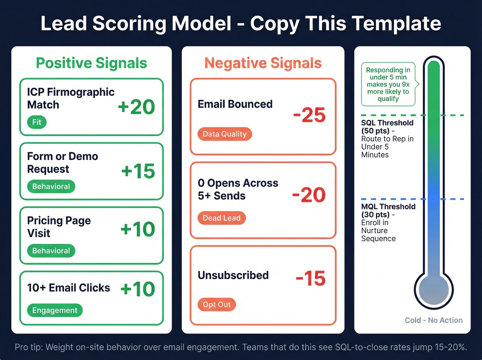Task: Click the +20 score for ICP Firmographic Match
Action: pos(136,107)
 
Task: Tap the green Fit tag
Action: pos(37,122)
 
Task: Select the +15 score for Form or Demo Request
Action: pos(138,171)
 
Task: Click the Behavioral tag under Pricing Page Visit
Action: pos(51,251)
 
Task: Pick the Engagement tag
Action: pos(55,310)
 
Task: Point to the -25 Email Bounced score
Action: pos(309,115)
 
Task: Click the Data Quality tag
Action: pos(224,134)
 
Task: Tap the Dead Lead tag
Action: pos(221,218)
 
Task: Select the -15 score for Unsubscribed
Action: pos(311,278)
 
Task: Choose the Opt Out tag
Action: pos(217,305)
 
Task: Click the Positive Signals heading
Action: pos(91,63)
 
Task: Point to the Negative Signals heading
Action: pos(263,63)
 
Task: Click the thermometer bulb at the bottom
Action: pos(433,289)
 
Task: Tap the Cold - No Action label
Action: pos(433,320)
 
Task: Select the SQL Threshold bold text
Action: pos(387,123)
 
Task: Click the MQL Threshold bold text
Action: pos(388,207)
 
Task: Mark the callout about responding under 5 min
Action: pos(388,84)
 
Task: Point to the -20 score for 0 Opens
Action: pos(309,195)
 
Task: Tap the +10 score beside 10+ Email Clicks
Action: pos(138,289)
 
